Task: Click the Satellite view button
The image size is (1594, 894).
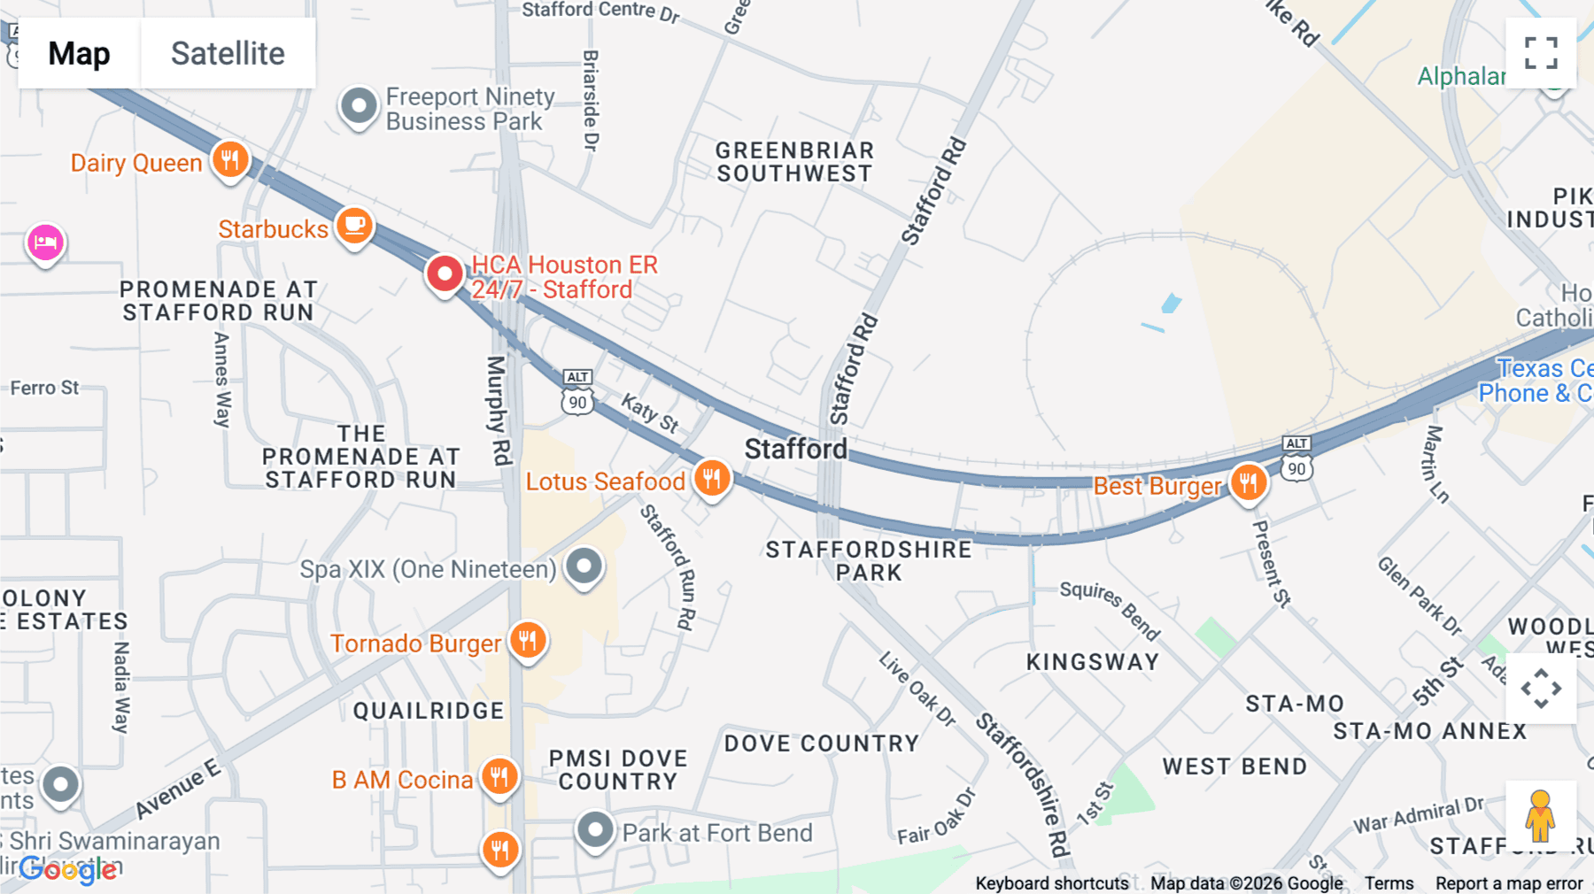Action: coord(228,53)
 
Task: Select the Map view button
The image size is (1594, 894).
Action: coord(79,53)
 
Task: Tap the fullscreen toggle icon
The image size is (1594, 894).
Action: coord(1541,53)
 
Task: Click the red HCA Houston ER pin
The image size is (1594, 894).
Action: coord(445,274)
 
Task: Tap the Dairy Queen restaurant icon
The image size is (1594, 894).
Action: coord(230,160)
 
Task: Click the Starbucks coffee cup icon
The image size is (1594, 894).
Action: coord(354,226)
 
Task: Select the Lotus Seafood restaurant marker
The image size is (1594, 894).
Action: coord(712,479)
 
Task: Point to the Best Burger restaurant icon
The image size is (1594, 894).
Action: coord(1249,483)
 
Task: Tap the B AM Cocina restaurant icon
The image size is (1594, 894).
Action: coord(499,776)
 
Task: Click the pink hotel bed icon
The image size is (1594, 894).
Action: coord(45,242)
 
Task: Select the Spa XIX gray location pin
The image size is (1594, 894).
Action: coord(584,566)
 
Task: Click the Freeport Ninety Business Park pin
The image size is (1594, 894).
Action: coord(359,106)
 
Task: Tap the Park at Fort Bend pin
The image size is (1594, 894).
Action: coord(595,830)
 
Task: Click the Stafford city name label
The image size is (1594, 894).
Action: coord(795,449)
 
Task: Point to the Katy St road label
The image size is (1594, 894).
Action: coord(650,413)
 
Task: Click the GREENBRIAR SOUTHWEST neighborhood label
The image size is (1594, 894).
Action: coord(794,162)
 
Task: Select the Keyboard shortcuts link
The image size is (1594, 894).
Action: coord(1051,882)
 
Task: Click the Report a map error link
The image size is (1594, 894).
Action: coord(1508,882)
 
